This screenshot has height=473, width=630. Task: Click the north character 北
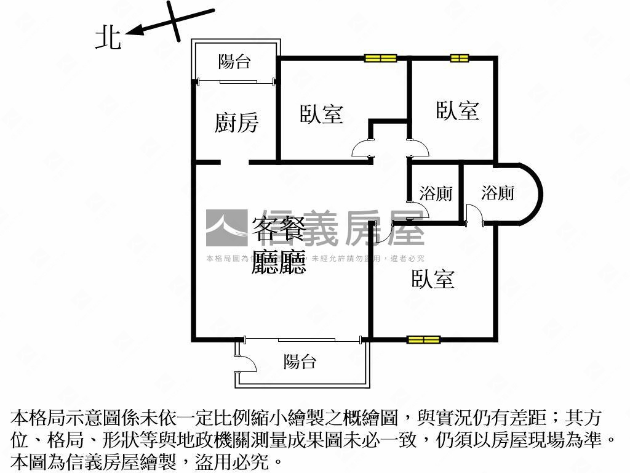[x=108, y=38]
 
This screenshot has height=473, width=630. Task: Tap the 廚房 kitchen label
[x=236, y=123]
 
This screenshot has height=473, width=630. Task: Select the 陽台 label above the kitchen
[x=234, y=62]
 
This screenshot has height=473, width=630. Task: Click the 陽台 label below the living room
[x=300, y=362]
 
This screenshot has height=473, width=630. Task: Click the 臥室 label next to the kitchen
[x=321, y=114]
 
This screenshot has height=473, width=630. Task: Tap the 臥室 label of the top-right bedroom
[x=457, y=111]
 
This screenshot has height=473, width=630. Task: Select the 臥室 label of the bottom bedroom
[x=433, y=279]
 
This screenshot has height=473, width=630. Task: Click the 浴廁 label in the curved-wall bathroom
[x=498, y=193]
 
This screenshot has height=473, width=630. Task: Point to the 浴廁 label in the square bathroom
[x=436, y=193]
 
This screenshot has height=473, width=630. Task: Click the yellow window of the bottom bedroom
[x=423, y=339]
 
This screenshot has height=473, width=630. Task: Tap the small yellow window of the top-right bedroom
[x=459, y=59]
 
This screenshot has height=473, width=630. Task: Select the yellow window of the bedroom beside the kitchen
[x=380, y=59]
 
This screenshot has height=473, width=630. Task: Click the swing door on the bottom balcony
[x=246, y=363]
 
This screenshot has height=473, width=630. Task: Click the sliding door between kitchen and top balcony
[x=235, y=81]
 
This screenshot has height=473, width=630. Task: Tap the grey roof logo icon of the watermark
[x=226, y=228]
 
